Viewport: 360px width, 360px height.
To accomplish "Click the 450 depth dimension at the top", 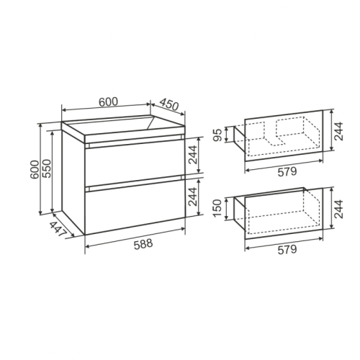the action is click(x=169, y=104).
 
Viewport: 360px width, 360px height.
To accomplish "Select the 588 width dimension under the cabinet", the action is click(x=143, y=243).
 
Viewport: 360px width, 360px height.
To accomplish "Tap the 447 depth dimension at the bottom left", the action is click(x=58, y=230).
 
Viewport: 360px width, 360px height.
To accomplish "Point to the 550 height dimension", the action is click(x=48, y=168).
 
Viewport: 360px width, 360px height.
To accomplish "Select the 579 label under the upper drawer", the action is click(x=287, y=172).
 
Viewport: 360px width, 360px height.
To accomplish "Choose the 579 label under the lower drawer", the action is click(x=287, y=250).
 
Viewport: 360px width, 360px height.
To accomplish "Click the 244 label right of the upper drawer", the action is click(x=339, y=131).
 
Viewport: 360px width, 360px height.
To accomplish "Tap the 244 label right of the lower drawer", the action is click(x=339, y=209).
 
